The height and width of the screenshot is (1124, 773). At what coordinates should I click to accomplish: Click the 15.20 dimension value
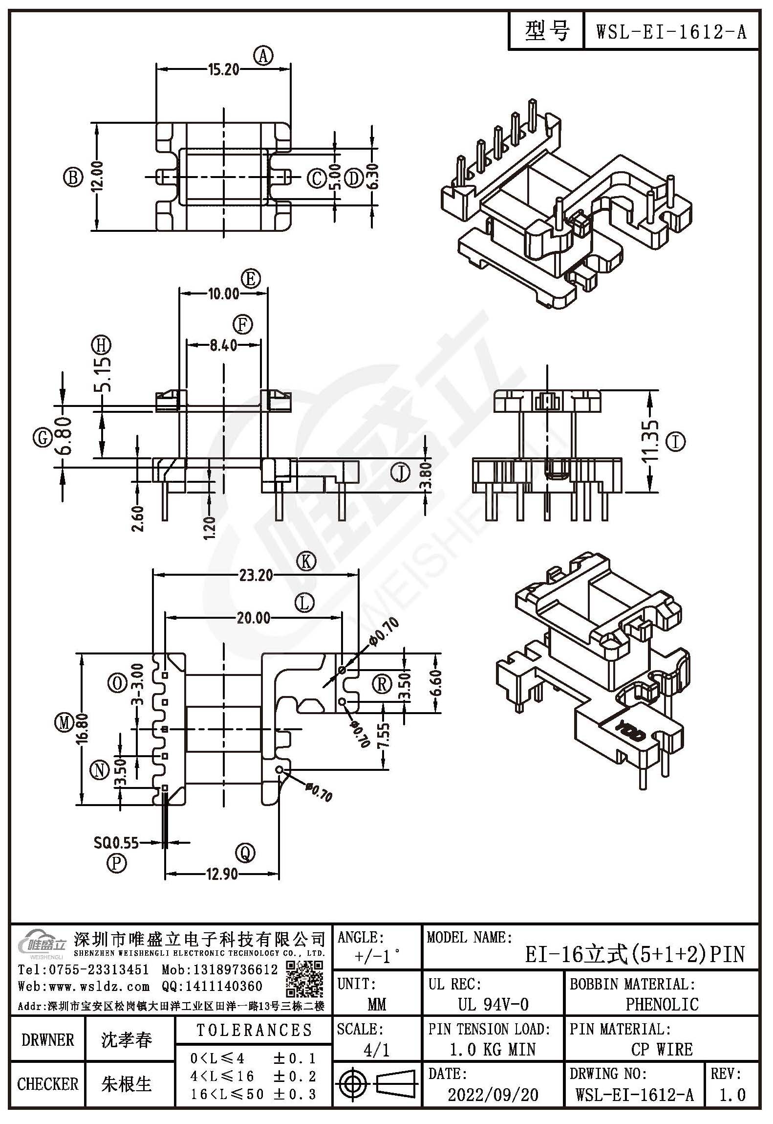[x=224, y=70]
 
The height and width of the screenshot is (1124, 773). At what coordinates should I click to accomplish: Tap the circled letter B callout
[x=73, y=178]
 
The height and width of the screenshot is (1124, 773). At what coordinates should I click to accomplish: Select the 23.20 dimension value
[x=256, y=575]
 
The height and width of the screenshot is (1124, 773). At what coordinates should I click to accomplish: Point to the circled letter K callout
[x=307, y=562]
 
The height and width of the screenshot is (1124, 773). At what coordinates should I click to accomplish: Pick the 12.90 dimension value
[x=221, y=874]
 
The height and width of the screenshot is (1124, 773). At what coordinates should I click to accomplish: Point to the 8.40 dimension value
[x=223, y=345]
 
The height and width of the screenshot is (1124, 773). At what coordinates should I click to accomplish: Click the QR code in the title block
[x=304, y=979]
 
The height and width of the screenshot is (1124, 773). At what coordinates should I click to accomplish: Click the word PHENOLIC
[x=662, y=1004]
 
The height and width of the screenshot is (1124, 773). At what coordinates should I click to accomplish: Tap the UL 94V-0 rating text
[x=493, y=1004]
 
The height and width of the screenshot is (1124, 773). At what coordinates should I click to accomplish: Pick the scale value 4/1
[x=377, y=1050]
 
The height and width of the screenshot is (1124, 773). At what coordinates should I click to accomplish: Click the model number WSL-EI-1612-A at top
[x=671, y=32]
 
